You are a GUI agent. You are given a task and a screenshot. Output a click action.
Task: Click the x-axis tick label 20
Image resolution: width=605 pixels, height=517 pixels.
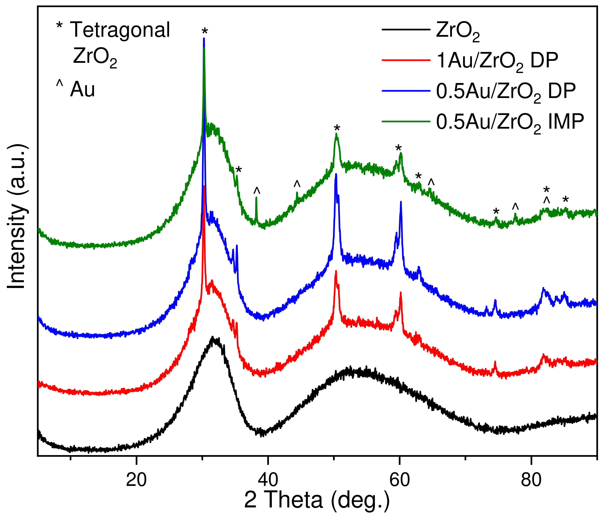point(136,480)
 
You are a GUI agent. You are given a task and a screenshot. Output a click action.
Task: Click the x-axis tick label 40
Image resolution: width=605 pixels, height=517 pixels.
point(267,480)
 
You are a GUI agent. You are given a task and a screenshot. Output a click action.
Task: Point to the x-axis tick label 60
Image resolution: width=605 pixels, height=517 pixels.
point(399,480)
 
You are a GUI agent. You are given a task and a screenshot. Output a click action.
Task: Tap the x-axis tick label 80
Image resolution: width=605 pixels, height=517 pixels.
point(531,480)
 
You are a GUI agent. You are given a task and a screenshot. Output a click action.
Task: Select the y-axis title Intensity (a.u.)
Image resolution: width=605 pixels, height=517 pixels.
point(17,216)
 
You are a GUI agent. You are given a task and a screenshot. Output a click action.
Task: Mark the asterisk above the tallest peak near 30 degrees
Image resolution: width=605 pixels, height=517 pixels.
point(205,31)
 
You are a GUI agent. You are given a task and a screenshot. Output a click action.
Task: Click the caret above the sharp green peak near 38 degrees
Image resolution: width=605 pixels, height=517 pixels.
point(257,191)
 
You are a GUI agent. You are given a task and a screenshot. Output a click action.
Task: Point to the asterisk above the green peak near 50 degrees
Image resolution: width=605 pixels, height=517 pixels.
point(337,128)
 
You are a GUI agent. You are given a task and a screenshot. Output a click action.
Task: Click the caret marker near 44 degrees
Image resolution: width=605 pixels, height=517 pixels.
point(297,184)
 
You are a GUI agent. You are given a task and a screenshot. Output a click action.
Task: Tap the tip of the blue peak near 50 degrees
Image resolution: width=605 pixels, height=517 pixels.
point(336,175)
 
